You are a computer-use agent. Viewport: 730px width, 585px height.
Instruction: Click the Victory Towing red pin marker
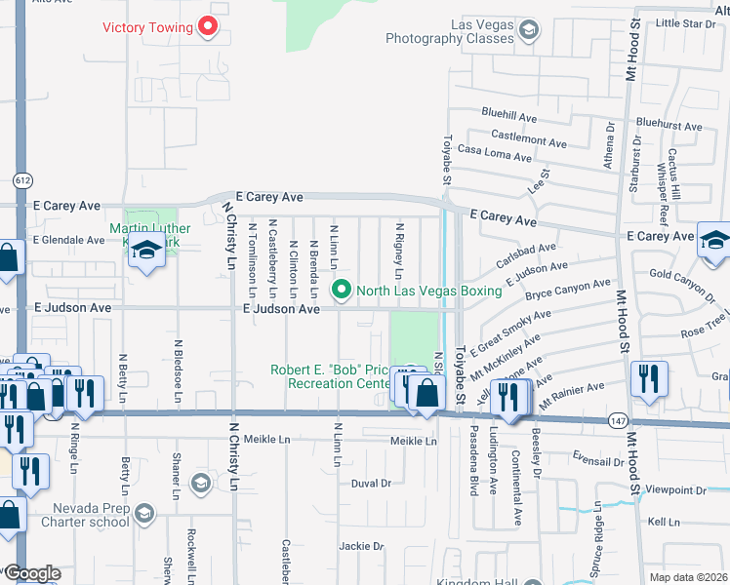coord(207,26)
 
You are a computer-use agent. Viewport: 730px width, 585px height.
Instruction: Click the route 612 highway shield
coord(22,180)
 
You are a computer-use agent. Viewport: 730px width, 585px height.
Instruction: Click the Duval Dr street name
coord(371,483)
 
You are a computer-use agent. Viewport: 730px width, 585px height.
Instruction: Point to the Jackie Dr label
coord(362,546)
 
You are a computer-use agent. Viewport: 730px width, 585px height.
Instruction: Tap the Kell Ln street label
coord(663,523)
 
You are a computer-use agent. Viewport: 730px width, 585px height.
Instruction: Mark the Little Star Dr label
coord(685,23)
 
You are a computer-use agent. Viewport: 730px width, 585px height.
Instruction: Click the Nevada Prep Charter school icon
coord(143,512)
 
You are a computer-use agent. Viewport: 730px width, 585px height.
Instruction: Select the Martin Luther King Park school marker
coord(146,252)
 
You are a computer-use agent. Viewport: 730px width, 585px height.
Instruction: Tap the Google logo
coord(31,573)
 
